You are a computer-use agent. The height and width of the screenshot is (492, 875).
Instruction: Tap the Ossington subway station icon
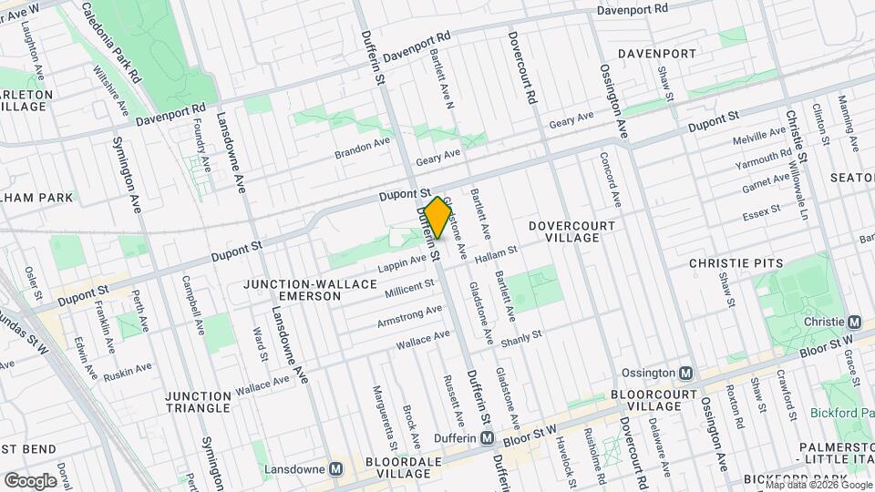689,373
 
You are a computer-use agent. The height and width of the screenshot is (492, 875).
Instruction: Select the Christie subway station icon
854,322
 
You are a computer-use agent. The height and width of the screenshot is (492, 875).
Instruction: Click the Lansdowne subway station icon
336,468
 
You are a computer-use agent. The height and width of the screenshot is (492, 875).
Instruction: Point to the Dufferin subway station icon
488,438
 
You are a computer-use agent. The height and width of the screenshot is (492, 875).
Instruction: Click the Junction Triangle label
199,403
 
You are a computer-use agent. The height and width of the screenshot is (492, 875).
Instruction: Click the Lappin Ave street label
401,261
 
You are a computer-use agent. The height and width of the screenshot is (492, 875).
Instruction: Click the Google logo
30,480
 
